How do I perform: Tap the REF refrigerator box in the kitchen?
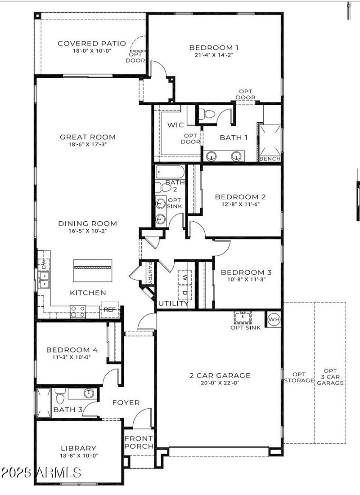(109, 310)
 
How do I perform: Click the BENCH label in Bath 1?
(270, 159)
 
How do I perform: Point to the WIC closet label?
(175, 125)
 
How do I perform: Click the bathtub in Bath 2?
(170, 172)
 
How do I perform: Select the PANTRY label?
(149, 273)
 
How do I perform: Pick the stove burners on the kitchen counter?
(77, 311)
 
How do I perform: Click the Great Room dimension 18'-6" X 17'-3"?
(88, 144)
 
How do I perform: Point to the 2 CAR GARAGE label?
(220, 375)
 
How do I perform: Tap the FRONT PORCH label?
(139, 442)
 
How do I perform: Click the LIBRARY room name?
(79, 448)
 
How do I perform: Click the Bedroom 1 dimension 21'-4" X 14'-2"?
(214, 55)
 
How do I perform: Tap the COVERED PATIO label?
(84, 44)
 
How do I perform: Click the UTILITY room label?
(173, 303)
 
